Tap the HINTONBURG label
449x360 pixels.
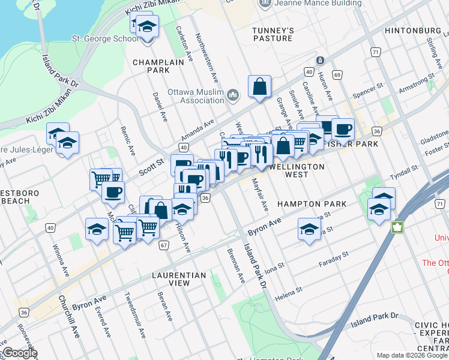tap(412, 30)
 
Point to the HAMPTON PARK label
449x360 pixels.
tap(312, 204)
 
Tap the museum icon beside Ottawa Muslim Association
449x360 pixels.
tap(234, 95)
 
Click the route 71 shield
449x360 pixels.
tap(375, 52)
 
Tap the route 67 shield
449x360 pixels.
tap(163, 245)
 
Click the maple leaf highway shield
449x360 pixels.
tap(396, 227)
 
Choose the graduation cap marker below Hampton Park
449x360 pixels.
tap(309, 229)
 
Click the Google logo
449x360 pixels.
tap(20, 353)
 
